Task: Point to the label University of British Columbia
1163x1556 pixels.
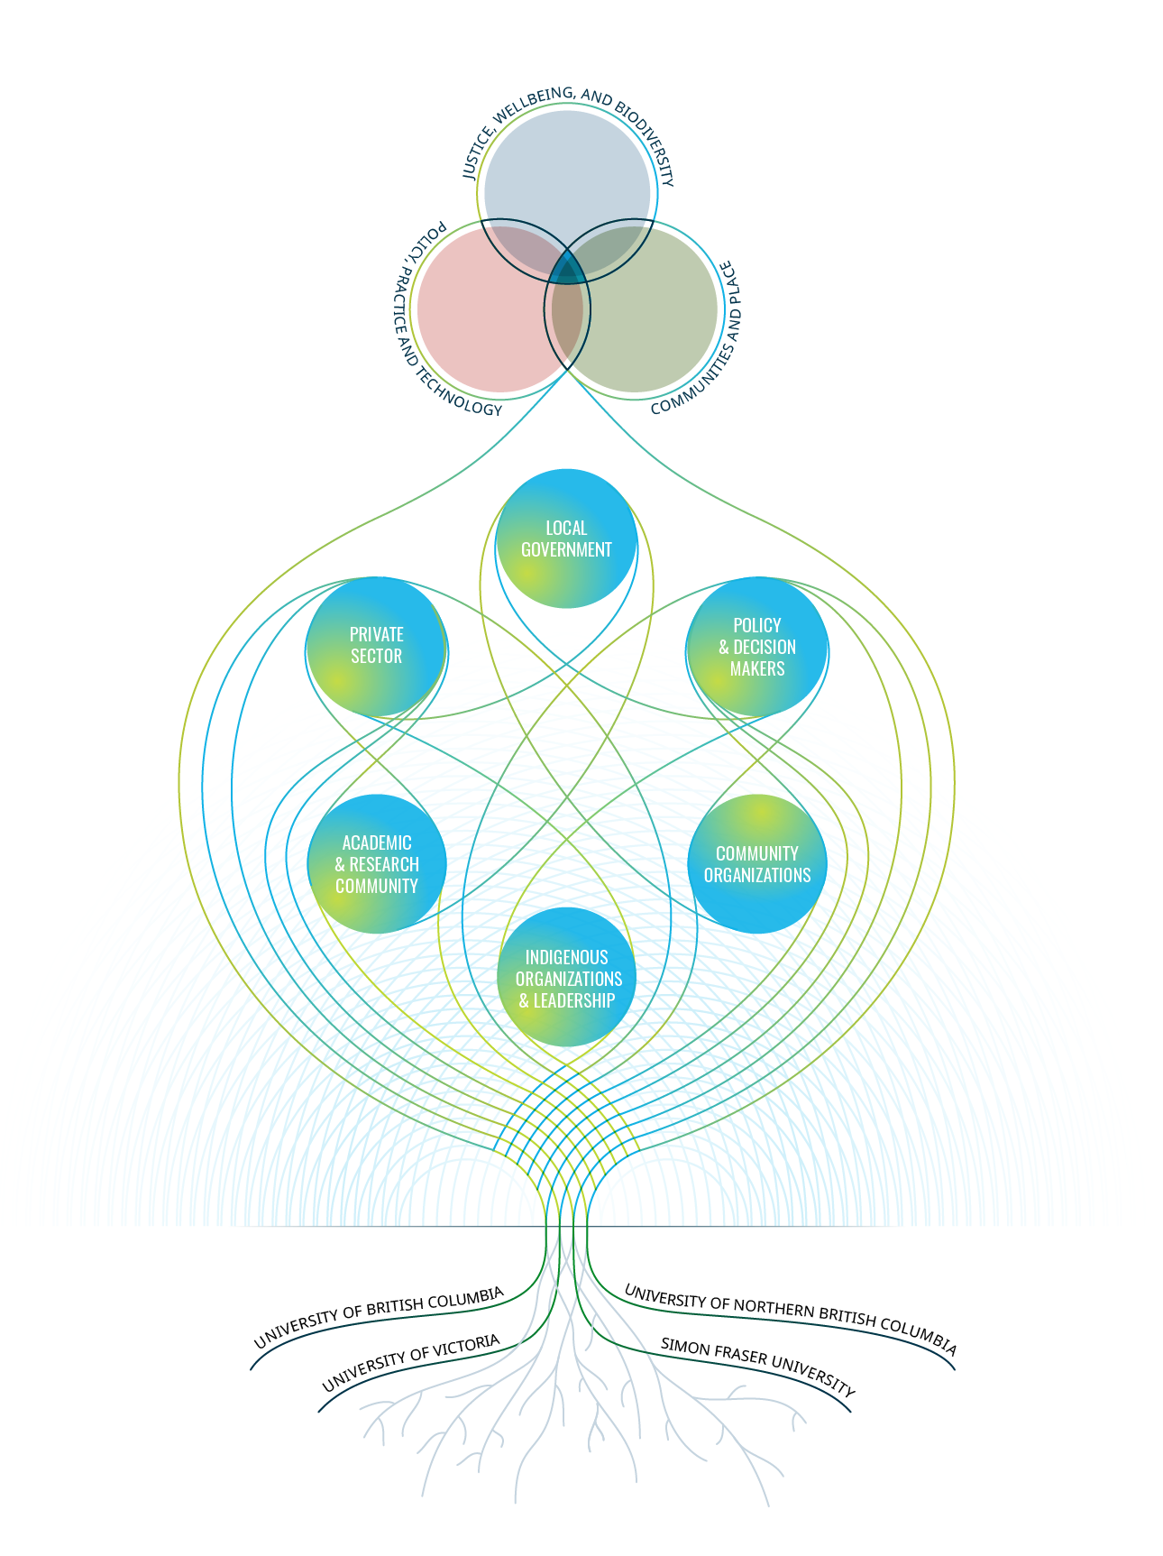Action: [x=379, y=1316]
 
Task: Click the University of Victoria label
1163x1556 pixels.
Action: [x=411, y=1362]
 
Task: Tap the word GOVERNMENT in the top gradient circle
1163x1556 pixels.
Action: [x=566, y=549]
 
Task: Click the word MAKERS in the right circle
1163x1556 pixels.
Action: [x=757, y=668]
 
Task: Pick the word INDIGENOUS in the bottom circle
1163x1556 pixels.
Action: [x=567, y=957]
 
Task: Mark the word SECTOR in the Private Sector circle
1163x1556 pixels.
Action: [x=377, y=656]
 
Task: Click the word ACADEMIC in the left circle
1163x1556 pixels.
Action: [x=377, y=842]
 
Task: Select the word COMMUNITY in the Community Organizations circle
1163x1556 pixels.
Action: [x=757, y=853]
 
